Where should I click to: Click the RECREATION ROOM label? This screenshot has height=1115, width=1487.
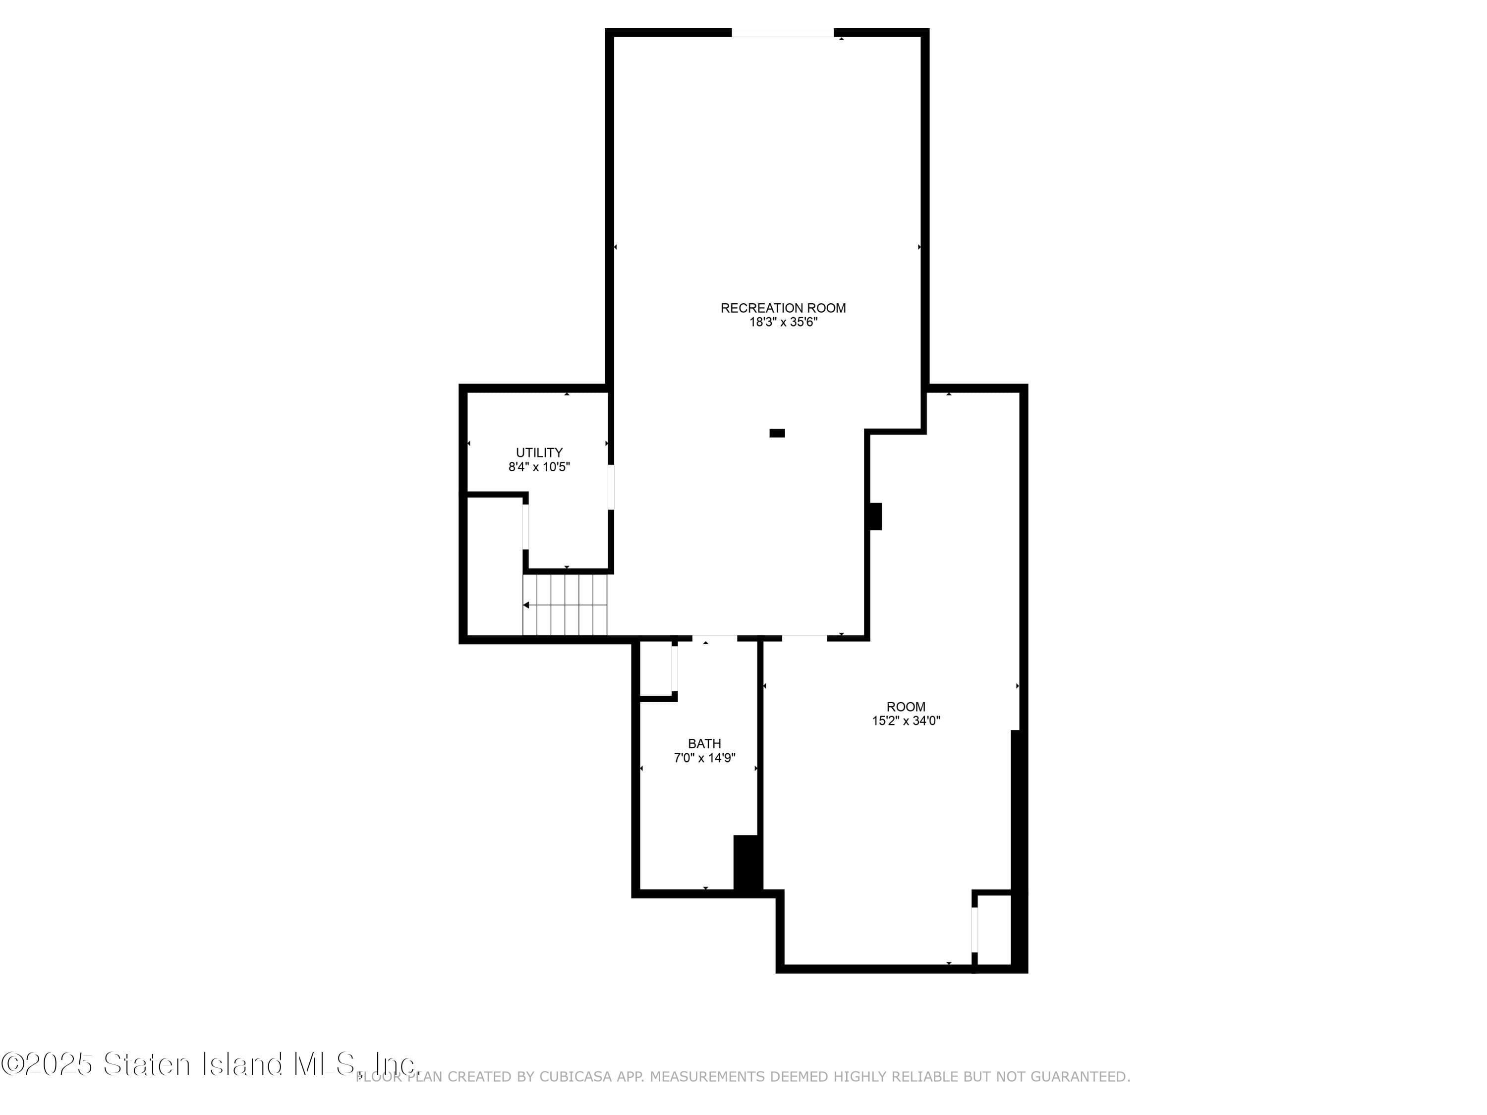[x=783, y=308]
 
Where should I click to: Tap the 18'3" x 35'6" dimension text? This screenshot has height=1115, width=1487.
[x=783, y=323]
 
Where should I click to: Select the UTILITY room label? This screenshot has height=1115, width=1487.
[x=539, y=452]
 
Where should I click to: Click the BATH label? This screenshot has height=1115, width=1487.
[x=704, y=743]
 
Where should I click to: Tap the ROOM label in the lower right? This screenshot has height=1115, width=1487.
[x=906, y=706]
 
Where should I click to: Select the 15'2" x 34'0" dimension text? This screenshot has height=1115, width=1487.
[x=906, y=721]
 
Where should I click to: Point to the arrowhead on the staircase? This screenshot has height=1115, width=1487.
[x=526, y=606]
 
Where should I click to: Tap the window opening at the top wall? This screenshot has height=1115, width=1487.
[x=783, y=32]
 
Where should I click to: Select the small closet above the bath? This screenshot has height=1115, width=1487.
[x=655, y=668]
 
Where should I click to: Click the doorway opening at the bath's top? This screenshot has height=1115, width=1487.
[x=715, y=638]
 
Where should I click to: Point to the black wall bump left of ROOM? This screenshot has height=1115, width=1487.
[x=876, y=516]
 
